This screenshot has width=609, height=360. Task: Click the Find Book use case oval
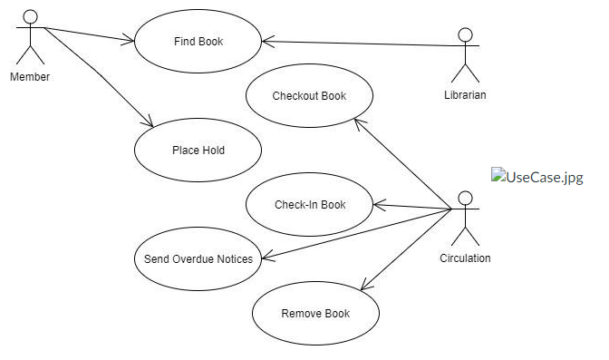tap(198, 41)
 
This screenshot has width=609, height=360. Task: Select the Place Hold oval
tap(198, 150)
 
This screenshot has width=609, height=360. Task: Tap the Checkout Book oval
tap(309, 95)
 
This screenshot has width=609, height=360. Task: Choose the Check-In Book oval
tap(309, 204)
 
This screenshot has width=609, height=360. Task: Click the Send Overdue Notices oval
tap(198, 258)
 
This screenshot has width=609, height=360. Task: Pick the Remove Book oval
tap(314, 314)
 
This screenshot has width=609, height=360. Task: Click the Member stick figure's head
tap(30, 16)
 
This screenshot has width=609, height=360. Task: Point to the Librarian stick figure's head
tap(465, 36)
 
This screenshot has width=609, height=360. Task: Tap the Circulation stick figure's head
tap(465, 198)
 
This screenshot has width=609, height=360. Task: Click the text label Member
tap(30, 77)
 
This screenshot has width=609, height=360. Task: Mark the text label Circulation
tap(465, 258)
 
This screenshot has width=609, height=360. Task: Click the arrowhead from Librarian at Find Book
tap(266, 40)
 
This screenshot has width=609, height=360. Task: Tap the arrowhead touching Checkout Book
tap(356, 119)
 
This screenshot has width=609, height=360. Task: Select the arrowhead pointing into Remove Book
tap(362, 287)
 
